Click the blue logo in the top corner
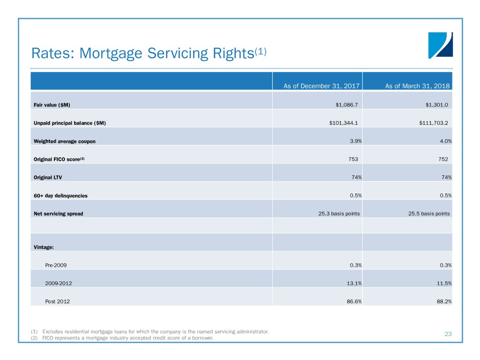[440, 45]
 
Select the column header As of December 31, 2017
[322, 86]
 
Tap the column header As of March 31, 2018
[418, 86]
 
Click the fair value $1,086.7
[346, 105]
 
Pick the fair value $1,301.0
[436, 105]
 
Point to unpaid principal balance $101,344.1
[344, 123]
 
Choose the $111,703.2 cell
[434, 123]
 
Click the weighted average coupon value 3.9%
[356, 141]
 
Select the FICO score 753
[353, 159]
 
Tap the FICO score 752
[443, 159]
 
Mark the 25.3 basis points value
[339, 214]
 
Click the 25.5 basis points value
[429, 214]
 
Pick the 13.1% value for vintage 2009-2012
[354, 284]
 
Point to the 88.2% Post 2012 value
[444, 301]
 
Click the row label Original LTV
[48, 178]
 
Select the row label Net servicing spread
[59, 214]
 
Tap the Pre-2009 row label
[56, 265]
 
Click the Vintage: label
[44, 247]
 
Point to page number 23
[448, 334]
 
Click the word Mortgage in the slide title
[111, 54]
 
